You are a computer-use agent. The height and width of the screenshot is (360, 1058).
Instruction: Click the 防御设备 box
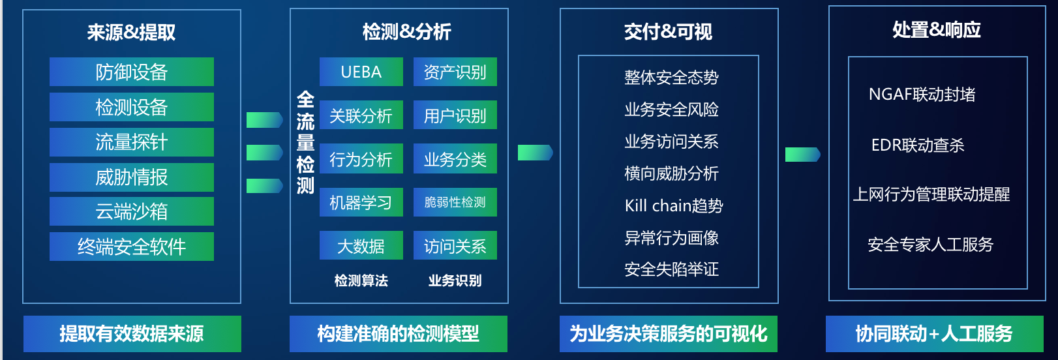(x=131, y=72)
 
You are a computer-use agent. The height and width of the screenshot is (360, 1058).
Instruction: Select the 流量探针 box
(x=131, y=142)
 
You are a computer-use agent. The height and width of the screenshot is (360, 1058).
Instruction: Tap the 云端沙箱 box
(x=131, y=211)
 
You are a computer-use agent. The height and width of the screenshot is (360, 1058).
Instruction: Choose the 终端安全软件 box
(x=131, y=246)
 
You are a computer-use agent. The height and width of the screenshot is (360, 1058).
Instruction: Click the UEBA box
(x=361, y=72)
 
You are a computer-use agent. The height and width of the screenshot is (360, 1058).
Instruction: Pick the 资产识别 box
(x=455, y=72)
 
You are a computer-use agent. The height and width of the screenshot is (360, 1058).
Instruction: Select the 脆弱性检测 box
(x=455, y=202)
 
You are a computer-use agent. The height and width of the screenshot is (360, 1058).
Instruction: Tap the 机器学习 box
(x=361, y=202)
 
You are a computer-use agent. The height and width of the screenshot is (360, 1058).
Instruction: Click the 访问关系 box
(x=455, y=245)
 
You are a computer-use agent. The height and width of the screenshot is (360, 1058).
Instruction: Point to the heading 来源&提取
(x=131, y=32)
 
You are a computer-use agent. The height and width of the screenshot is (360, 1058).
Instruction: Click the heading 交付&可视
(x=669, y=32)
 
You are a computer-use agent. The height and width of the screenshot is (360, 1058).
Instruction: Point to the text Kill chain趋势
(x=674, y=205)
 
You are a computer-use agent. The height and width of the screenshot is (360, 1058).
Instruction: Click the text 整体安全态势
(x=671, y=77)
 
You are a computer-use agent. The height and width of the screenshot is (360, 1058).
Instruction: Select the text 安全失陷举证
(x=671, y=269)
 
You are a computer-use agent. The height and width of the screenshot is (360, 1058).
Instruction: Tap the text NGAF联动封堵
(x=922, y=95)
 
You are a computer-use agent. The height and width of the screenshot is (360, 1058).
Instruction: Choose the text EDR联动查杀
(x=918, y=145)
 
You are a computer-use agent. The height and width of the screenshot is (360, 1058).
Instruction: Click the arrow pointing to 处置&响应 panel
(x=803, y=154)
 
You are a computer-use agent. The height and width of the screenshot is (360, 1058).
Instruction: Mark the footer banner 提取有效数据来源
(x=132, y=334)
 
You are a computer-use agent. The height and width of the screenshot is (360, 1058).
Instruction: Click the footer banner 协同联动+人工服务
(x=934, y=334)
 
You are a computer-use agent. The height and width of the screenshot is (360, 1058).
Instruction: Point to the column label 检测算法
(x=361, y=280)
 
